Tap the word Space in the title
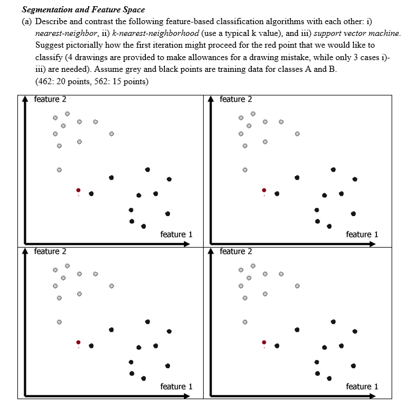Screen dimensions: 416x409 pos(134,10)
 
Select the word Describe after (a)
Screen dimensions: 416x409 pos(52,21)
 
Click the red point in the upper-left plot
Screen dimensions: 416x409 pos(79,190)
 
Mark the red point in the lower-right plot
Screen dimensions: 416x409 pos(264,342)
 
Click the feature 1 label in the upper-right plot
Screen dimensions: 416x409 pos(362,234)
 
